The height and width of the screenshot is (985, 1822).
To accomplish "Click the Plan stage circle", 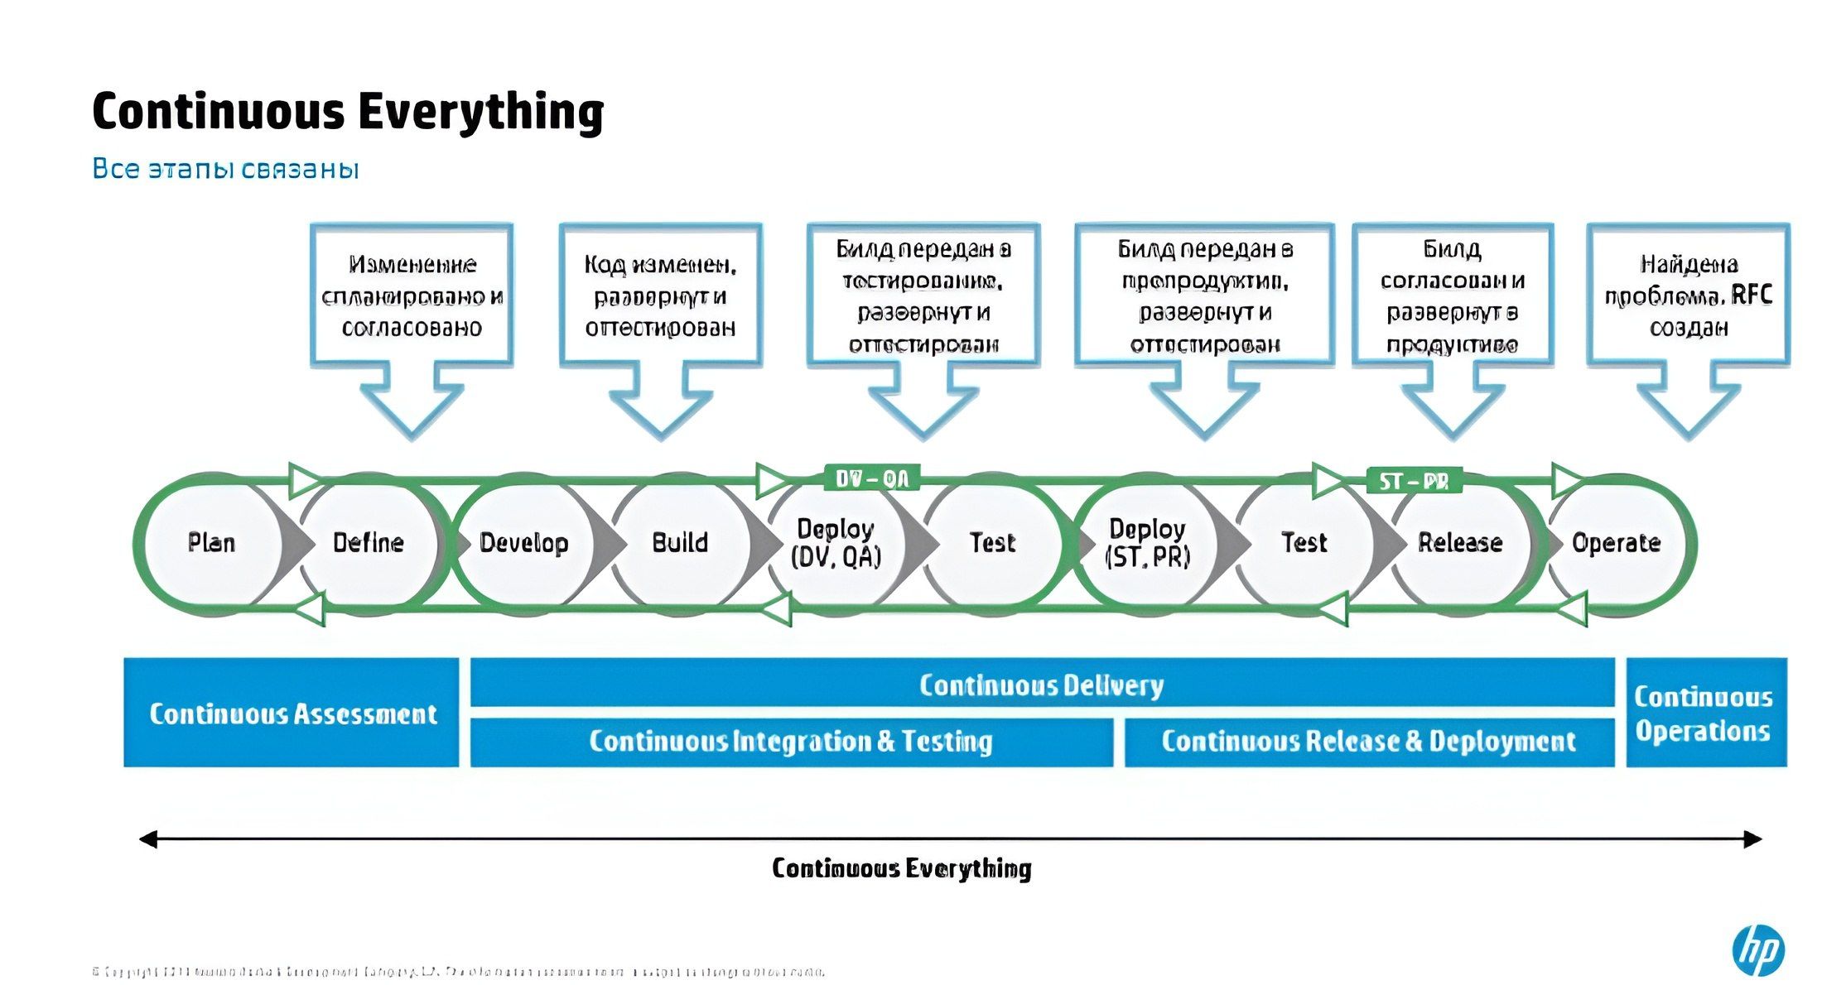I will click(x=210, y=543).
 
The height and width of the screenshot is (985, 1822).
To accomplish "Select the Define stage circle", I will click(x=368, y=543).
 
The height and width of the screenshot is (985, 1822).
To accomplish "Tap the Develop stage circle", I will click(x=523, y=543).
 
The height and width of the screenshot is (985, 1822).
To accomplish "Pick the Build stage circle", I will click(x=680, y=543).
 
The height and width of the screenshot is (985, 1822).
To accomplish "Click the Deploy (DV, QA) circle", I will click(x=836, y=543).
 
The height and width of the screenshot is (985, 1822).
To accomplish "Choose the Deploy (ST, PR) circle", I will click(x=1147, y=543).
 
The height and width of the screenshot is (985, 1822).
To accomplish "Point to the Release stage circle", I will click(x=1459, y=543).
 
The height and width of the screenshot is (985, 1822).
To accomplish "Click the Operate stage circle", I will click(x=1616, y=543).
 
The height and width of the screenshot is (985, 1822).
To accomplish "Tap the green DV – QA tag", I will click(x=872, y=478).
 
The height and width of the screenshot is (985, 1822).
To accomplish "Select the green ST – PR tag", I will click(x=1414, y=481).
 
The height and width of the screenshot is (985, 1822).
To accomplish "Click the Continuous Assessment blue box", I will click(x=292, y=713).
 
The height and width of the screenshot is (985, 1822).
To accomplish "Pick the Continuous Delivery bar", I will click(x=1042, y=684).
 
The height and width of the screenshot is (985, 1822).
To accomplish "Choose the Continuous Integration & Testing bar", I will click(x=791, y=742).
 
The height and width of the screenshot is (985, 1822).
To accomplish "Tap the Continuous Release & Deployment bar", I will click(x=1368, y=742).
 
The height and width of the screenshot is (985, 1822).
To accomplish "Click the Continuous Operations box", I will click(x=1705, y=713).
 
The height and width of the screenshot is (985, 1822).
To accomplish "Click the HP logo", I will click(x=1758, y=950).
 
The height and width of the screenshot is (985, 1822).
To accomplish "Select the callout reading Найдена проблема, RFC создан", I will click(x=1688, y=295).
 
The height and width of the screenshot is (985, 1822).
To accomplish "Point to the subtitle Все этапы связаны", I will click(x=225, y=169).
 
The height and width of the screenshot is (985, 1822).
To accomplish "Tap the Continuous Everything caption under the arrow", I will click(x=901, y=868).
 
